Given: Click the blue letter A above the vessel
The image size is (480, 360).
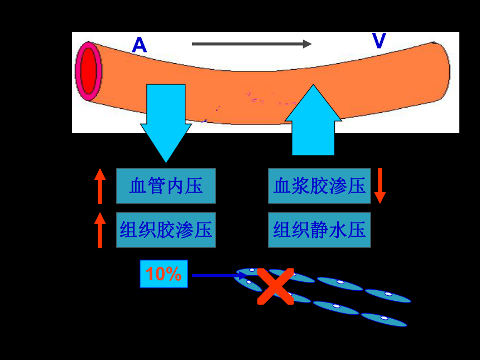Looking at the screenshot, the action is coord(140,45).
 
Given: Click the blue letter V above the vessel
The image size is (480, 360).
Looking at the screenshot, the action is coord(379,40).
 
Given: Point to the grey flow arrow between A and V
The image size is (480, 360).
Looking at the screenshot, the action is coord(252,44).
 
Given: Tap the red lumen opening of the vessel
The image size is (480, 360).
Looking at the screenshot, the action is coord(89,71).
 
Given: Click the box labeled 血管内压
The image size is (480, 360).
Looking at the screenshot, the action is coord(166,186).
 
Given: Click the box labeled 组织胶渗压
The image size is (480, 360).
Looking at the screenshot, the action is coord(166,230).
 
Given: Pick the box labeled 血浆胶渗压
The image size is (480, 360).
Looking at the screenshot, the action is coord(319,186).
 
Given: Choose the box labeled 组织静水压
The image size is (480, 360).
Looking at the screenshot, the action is coord(319,230).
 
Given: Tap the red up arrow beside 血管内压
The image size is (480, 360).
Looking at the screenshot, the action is coord(100,186).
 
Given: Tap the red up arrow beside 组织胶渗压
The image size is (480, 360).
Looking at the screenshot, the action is coord(100,230).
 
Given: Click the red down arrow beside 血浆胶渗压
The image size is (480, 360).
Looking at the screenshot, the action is coord(380,186).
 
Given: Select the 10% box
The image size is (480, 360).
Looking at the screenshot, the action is coord(164,274).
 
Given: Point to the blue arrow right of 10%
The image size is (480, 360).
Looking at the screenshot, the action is coord(219,276).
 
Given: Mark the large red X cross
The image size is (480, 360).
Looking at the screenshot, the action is coord(276,286).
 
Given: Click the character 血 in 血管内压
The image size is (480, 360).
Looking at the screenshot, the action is coord(138,186).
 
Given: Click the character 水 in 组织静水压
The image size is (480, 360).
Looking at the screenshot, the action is coord(338,230).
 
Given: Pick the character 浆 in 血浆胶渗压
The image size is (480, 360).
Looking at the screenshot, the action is coord(301,186).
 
